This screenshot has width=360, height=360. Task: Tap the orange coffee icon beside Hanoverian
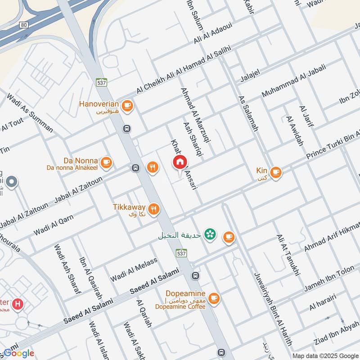(x=127, y=105)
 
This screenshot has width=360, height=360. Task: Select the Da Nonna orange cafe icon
(x=106, y=162)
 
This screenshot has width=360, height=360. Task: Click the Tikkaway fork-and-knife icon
(x=154, y=209)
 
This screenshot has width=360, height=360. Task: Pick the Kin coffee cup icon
(x=275, y=171)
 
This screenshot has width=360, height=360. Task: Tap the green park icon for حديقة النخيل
(x=209, y=234)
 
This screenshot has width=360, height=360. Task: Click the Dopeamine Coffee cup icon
(x=213, y=297)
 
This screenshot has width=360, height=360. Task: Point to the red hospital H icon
(x=18, y=304)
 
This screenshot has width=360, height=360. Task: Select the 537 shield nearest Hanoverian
(x=101, y=82)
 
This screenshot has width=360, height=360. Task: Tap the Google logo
(x=18, y=353)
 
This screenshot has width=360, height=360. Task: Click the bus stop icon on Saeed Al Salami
(x=195, y=275)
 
